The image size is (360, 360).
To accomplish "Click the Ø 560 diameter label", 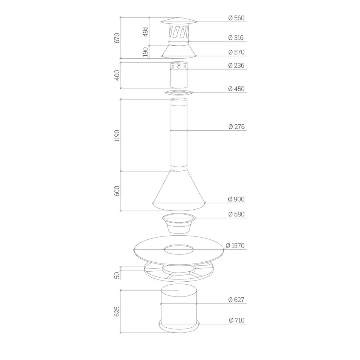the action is (x=236, y=18).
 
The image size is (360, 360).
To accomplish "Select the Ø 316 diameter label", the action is (x=236, y=37).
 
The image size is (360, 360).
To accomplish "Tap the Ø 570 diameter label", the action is (x=236, y=52).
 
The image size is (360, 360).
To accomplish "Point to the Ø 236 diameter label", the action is (x=236, y=65).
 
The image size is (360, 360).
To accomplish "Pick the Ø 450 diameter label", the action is (x=236, y=89).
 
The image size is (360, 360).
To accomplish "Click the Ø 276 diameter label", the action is (x=236, y=127).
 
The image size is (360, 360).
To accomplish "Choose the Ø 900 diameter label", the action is (x=236, y=199).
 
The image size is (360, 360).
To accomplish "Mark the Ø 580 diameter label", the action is (x=236, y=214).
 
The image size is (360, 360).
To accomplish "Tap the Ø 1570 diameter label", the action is (x=235, y=246).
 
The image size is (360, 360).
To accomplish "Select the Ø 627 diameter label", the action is (x=236, y=300).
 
